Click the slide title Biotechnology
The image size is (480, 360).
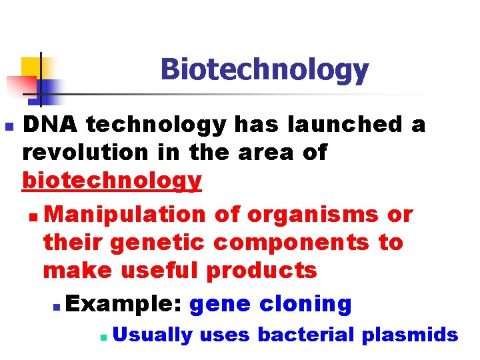click(x=264, y=69)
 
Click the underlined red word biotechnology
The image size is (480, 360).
click(x=111, y=180)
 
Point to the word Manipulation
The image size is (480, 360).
click(x=127, y=215)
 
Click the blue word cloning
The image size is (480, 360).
click(x=305, y=304)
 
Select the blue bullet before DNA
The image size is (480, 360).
click(x=7, y=125)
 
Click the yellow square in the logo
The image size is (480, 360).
click(x=31, y=67)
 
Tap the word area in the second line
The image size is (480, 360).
click(x=255, y=153)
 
